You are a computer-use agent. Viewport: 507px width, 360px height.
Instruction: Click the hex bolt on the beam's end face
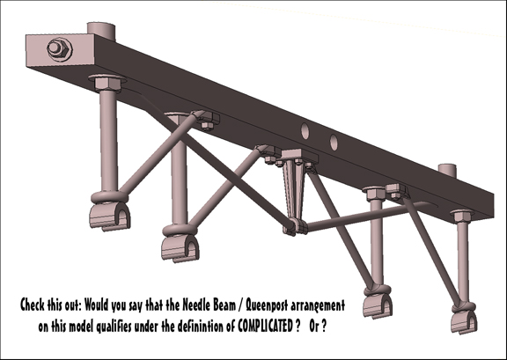60,49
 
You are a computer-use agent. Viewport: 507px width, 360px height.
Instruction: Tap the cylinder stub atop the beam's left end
101,30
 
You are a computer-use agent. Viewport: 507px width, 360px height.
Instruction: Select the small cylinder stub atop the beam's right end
447,170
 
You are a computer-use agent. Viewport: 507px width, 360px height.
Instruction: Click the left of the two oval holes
305,130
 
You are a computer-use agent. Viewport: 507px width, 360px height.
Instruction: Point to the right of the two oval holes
334,143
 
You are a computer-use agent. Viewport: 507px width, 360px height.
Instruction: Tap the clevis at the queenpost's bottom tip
296,226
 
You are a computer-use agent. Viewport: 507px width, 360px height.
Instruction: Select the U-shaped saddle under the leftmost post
110,216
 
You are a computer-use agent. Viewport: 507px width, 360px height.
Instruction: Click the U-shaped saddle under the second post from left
180,248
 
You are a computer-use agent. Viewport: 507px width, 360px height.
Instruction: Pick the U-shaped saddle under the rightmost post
464,322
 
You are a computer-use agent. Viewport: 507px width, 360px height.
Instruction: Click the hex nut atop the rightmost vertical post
462,216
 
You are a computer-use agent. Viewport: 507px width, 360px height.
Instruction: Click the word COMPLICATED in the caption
265,327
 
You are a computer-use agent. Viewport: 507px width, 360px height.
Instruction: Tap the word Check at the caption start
33,305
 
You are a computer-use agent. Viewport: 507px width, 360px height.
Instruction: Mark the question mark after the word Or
324,327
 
